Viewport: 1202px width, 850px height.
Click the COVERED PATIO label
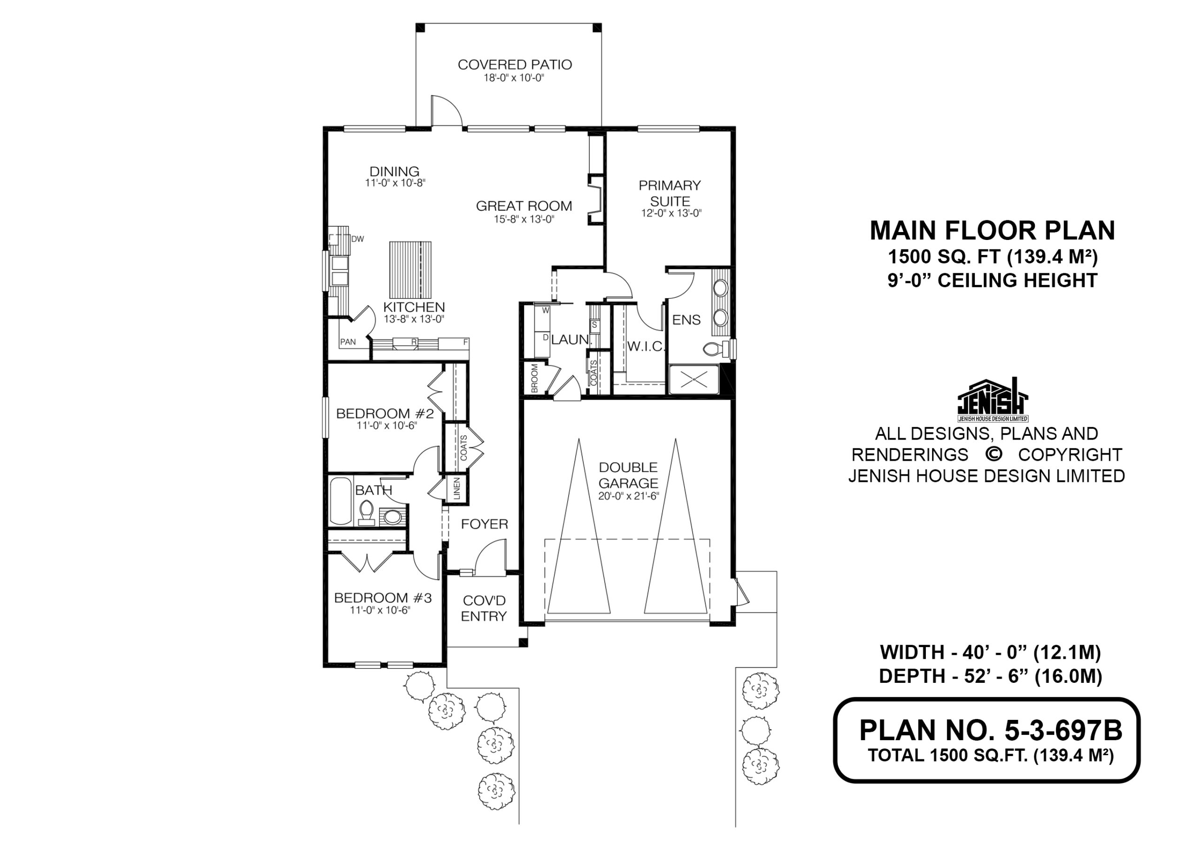(x=515, y=64)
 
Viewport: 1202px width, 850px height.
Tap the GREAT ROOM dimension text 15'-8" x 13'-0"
(x=524, y=219)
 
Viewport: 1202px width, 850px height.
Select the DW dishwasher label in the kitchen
(x=358, y=239)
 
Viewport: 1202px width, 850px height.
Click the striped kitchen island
(x=410, y=269)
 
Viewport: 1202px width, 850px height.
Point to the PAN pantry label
(x=347, y=342)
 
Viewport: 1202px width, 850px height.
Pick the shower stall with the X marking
(x=694, y=379)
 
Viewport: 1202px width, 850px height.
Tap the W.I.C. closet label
(x=646, y=346)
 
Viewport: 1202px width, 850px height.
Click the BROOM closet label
(x=534, y=378)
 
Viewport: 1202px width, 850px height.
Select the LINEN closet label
(x=456, y=488)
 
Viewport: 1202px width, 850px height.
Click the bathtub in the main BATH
(x=341, y=501)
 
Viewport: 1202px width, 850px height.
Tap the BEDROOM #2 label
(x=385, y=414)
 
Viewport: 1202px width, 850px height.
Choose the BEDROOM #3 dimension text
(x=380, y=610)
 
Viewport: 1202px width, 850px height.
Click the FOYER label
(x=484, y=524)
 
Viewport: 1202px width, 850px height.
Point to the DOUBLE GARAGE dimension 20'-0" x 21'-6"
(x=628, y=496)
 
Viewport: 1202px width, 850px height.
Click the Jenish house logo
(x=993, y=400)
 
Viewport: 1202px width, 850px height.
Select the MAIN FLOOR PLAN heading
(x=993, y=231)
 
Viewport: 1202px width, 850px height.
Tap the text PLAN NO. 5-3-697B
(x=991, y=730)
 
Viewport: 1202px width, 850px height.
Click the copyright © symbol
(x=993, y=454)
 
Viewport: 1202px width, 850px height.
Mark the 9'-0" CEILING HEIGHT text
(x=993, y=281)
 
